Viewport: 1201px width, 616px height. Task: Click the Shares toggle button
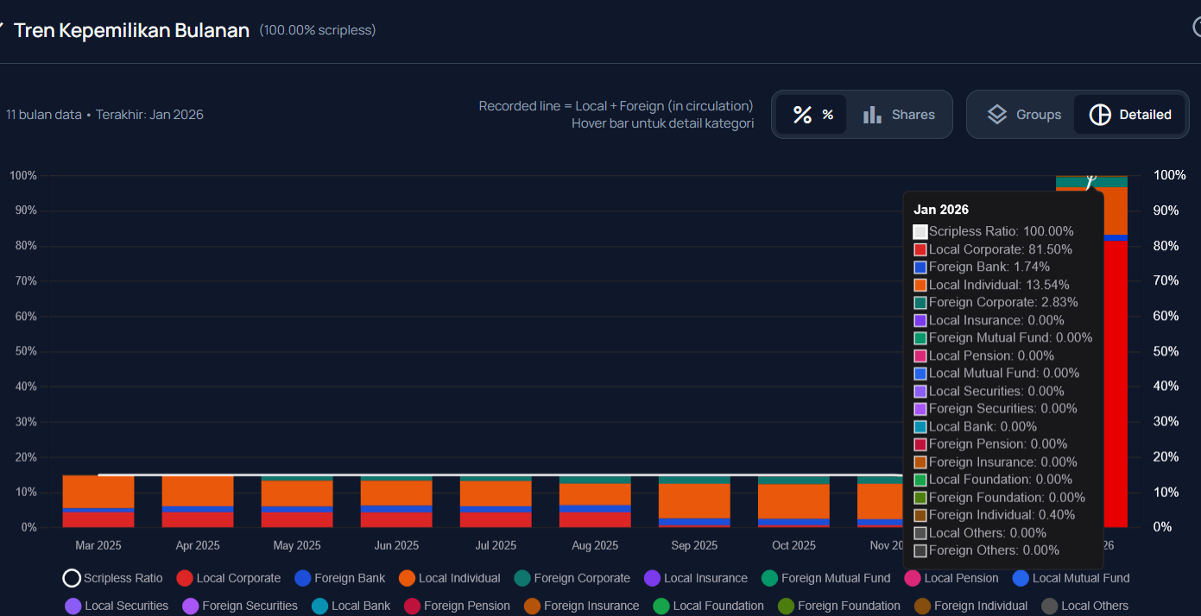899,115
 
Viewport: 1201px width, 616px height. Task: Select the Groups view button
1023,115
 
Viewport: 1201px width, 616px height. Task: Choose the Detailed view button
1130,115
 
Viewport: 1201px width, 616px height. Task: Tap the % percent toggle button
812,115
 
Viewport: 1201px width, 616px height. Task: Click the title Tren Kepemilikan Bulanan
131,30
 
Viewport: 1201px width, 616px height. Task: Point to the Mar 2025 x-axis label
98,545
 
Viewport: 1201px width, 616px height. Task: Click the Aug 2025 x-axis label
595,545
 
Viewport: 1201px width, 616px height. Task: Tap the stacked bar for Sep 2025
694,502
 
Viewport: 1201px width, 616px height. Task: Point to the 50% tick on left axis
23,351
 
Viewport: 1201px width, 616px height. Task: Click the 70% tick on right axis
1168,280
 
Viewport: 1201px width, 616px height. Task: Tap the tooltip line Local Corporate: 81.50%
1000,249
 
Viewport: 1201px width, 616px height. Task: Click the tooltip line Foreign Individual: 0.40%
1002,515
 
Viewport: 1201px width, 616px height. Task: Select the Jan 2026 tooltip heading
941,210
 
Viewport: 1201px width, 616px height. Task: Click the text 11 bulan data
44,115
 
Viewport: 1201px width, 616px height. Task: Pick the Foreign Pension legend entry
466,606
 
